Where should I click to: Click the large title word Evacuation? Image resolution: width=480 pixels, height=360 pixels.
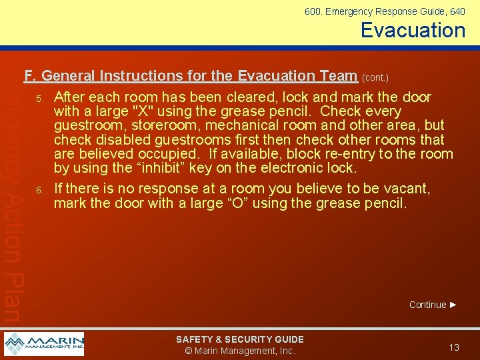point(413,30)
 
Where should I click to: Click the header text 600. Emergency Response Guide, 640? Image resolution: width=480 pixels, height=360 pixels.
point(385,11)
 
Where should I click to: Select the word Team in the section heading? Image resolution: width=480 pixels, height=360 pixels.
point(337,75)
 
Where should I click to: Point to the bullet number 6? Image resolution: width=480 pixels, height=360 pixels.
point(39,191)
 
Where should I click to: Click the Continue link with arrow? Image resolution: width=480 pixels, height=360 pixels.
point(433,305)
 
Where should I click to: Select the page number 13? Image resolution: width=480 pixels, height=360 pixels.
point(454,347)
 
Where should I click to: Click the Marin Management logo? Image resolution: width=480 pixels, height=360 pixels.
point(44,344)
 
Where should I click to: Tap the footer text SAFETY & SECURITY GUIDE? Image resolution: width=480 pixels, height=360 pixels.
point(239,339)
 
